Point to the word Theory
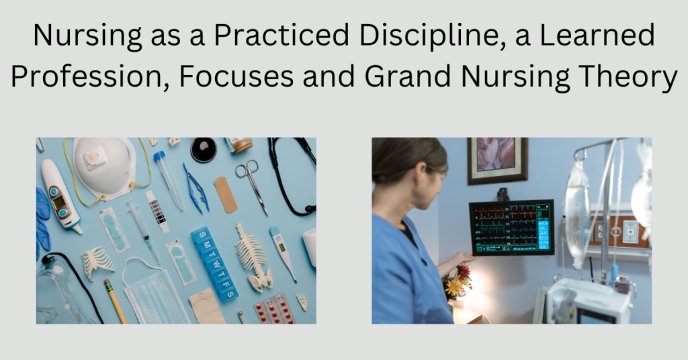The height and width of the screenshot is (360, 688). tap(633, 79)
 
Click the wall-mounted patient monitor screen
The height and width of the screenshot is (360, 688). tap(511, 226)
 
